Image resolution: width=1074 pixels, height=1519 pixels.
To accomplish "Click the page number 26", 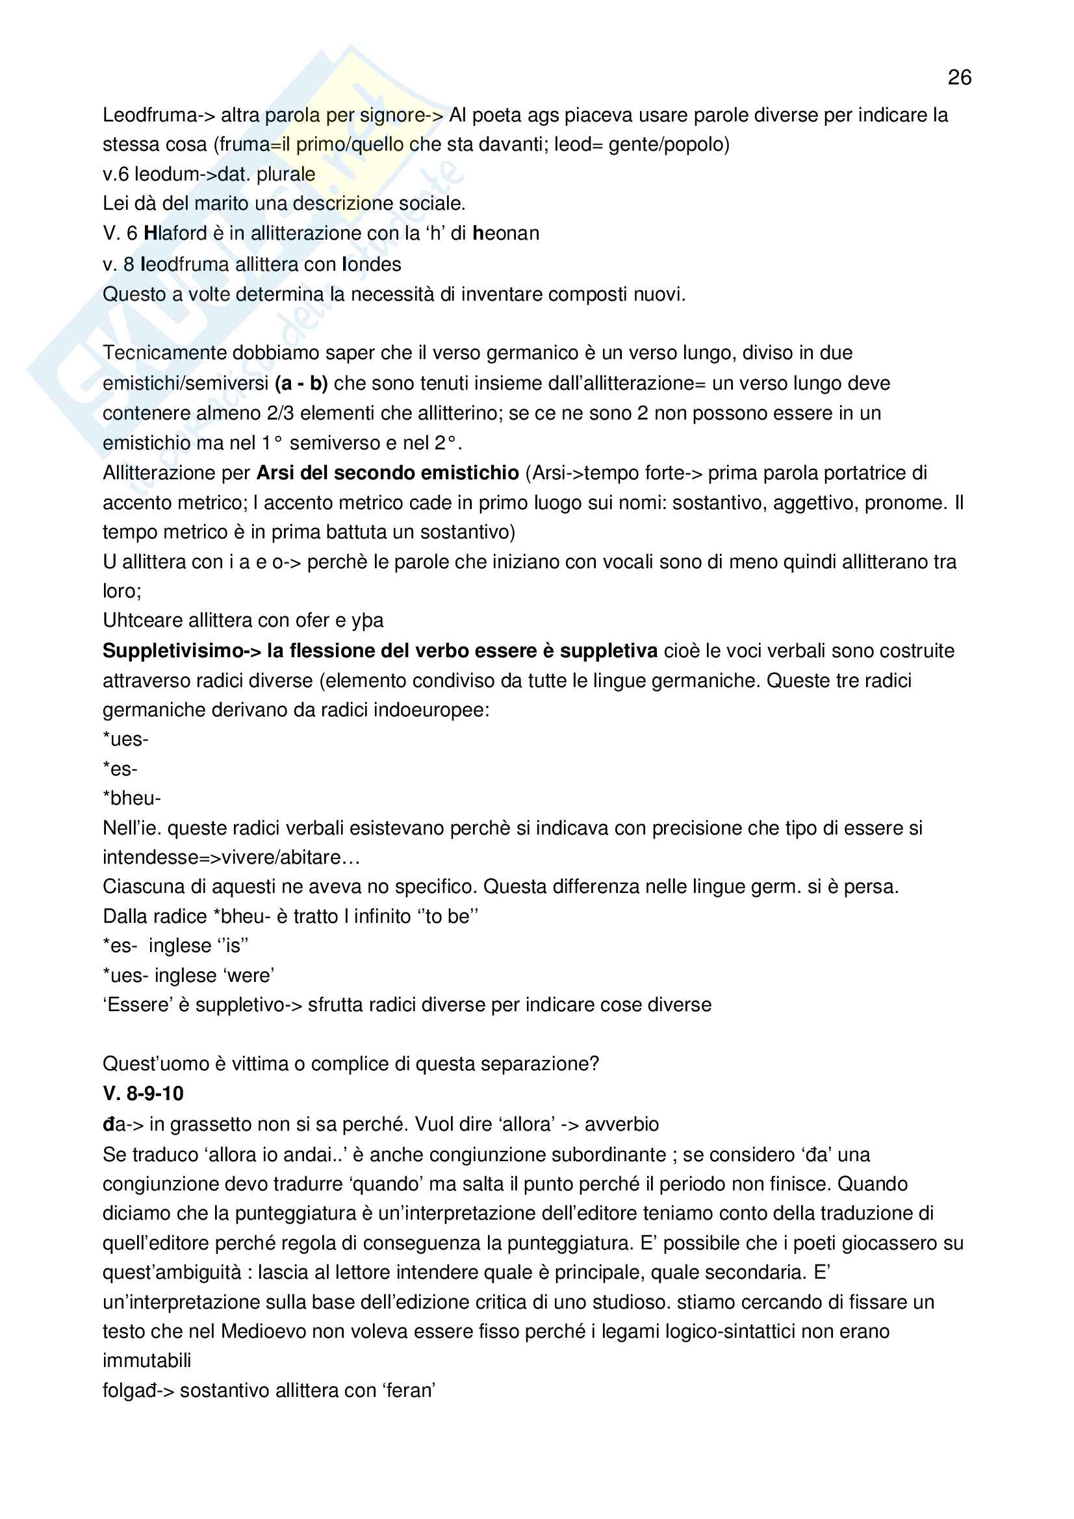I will click(x=959, y=77).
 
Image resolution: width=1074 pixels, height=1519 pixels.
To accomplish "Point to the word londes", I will click(x=371, y=264).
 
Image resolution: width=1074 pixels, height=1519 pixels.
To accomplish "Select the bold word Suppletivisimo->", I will click(x=182, y=651).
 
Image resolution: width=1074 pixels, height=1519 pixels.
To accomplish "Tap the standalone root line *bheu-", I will click(x=132, y=799).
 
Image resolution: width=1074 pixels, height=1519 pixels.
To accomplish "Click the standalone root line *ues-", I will click(x=126, y=739).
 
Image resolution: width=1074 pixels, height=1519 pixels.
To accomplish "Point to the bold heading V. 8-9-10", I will click(x=143, y=1094).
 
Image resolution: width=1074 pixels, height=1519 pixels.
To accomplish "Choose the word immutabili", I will click(x=147, y=1361).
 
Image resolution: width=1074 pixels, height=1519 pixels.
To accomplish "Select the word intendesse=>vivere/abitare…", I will click(x=231, y=857).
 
